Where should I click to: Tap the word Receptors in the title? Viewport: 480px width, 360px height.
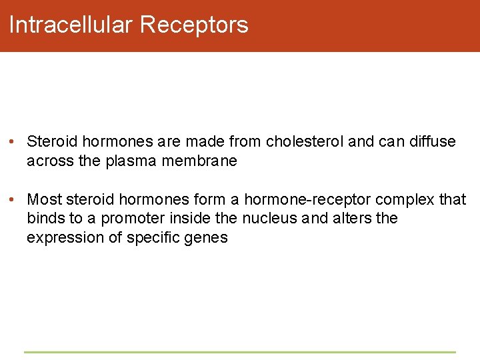[194, 25]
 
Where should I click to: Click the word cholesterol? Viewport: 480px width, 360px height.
[305, 141]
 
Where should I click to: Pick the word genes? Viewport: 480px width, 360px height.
[204, 237]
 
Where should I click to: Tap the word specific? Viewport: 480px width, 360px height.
[145, 237]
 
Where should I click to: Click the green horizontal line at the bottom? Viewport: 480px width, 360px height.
[240, 352]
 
